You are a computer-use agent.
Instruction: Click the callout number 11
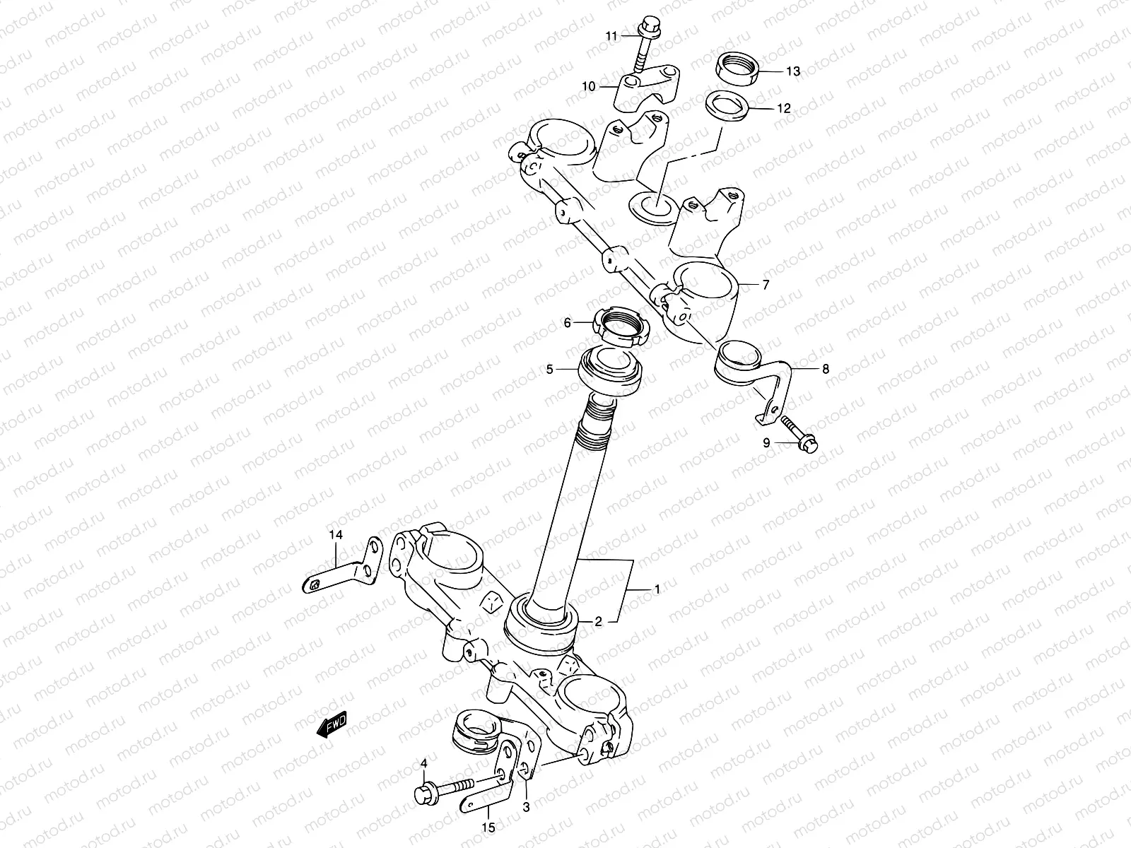611,36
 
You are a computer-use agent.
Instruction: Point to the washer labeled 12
728,107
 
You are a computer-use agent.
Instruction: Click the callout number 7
765,285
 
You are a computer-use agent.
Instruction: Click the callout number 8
806,368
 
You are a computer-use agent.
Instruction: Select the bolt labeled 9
799,433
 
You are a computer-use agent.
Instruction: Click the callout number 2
598,622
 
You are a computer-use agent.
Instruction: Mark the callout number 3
526,806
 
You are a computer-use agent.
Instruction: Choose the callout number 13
792,71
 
